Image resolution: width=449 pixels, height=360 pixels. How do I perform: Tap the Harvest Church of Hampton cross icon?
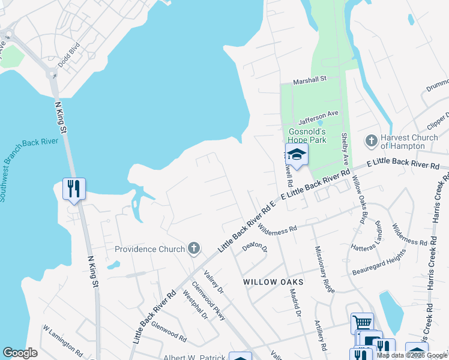[x=371, y=142]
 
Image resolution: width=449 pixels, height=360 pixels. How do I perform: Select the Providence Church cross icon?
[x=193, y=248]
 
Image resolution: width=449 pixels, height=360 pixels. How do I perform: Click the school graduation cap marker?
[x=296, y=155]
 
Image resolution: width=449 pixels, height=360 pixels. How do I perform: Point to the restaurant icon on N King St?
[x=74, y=189]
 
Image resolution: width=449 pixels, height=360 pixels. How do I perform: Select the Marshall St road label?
[x=309, y=79]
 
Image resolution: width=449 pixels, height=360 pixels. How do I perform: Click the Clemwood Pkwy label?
[x=208, y=301]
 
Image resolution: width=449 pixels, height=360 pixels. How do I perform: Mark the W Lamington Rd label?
[x=62, y=339]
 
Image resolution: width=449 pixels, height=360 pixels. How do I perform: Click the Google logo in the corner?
[x=20, y=353]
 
